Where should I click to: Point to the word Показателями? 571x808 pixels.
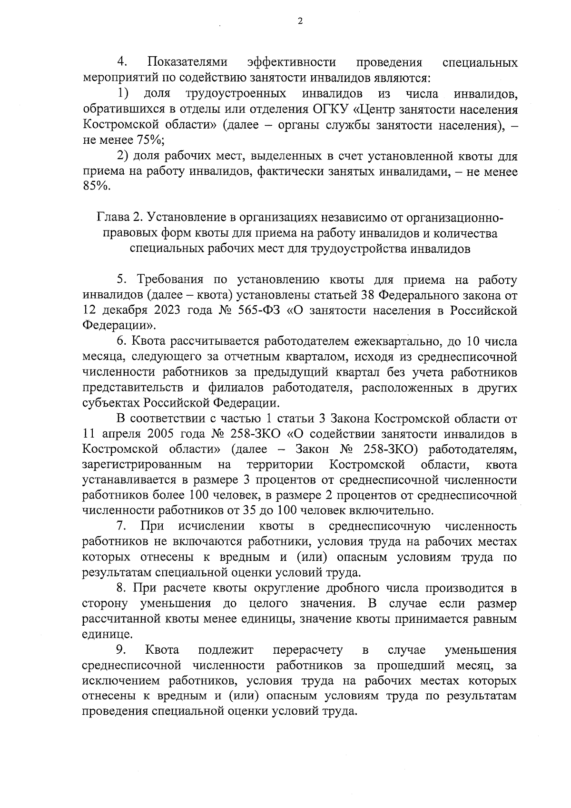[187, 62]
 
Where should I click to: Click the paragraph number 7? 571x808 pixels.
[121, 526]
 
